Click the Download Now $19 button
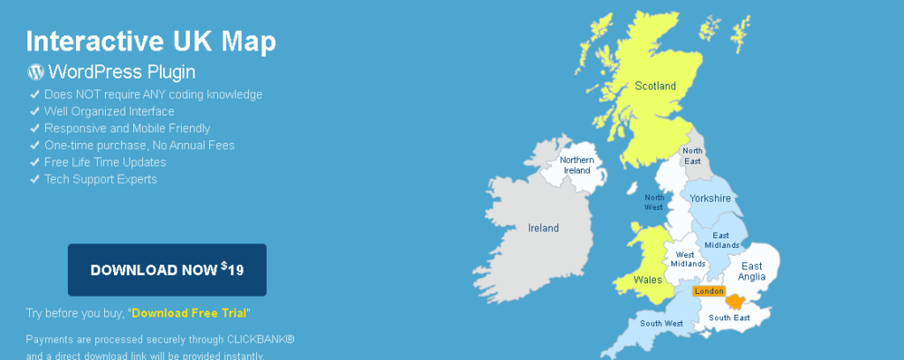tap(167, 269)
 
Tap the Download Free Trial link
tap(190, 312)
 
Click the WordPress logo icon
tap(35, 72)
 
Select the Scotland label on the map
tap(655, 86)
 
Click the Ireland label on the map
tap(543, 228)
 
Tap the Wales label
tap(647, 279)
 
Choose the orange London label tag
tap(709, 291)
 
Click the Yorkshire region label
tap(711, 199)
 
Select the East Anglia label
tap(752, 271)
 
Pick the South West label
tap(661, 324)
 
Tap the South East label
tap(729, 318)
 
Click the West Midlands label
tap(688, 259)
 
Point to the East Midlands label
tap(721, 241)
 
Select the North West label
tap(654, 202)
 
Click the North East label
tap(691, 156)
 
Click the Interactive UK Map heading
tap(151, 41)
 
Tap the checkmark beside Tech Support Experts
tap(34, 179)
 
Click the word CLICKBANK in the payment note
tap(256, 340)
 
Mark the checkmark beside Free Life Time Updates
tap(34, 162)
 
